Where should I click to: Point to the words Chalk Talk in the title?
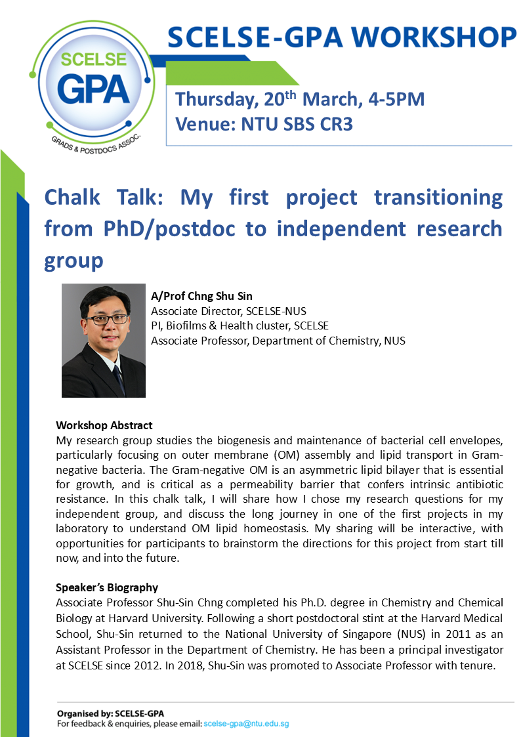pyautogui.click(x=104, y=197)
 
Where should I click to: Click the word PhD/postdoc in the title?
pyautogui.click(x=169, y=229)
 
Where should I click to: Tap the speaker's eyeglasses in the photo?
pyautogui.click(x=107, y=320)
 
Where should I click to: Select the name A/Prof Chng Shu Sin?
pyautogui.click(x=201, y=296)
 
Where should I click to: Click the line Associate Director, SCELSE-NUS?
pyautogui.click(x=228, y=311)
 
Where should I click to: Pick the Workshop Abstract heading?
pyautogui.click(x=104, y=425)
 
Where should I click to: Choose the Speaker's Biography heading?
pyautogui.click(x=107, y=587)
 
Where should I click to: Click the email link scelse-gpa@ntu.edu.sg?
pyautogui.click(x=246, y=724)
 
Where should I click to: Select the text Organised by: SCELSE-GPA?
pyautogui.click(x=110, y=713)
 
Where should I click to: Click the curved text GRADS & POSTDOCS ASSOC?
pyautogui.click(x=96, y=144)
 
